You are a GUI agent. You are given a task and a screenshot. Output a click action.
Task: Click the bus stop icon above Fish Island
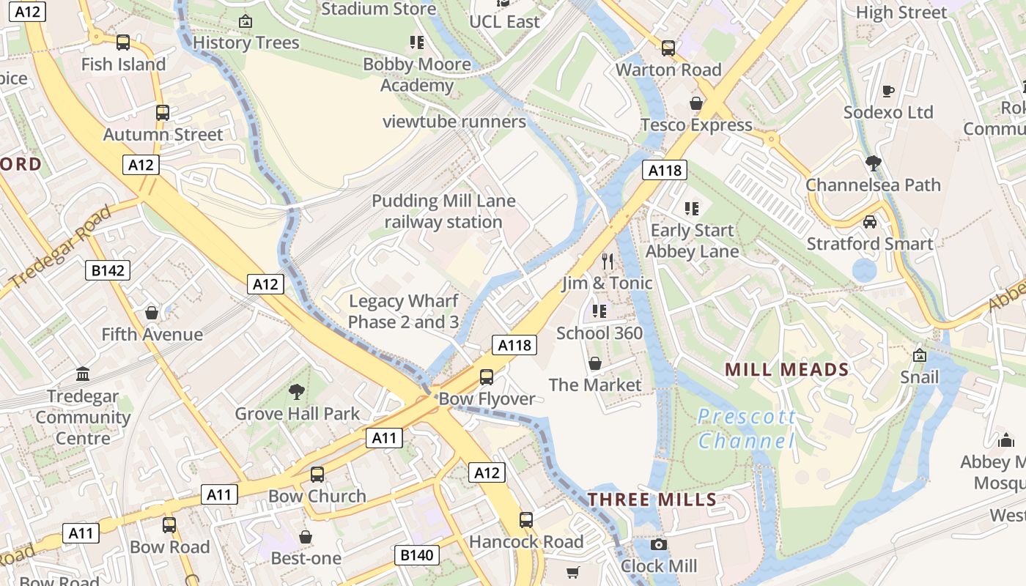click(x=123, y=42)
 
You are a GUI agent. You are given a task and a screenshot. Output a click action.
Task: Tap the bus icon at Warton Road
click(x=668, y=48)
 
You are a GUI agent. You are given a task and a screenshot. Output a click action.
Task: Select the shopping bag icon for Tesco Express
click(x=696, y=103)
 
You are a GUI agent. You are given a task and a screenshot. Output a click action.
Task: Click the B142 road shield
click(x=108, y=270)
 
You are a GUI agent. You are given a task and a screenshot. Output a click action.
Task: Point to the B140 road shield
click(x=417, y=555)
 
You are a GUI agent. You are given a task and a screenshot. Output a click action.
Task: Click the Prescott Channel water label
click(x=746, y=429)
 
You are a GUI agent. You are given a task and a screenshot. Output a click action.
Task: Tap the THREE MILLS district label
click(x=652, y=500)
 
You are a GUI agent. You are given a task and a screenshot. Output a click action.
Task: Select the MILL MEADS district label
click(x=786, y=369)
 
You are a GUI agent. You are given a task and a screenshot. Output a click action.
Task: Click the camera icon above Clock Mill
click(x=659, y=544)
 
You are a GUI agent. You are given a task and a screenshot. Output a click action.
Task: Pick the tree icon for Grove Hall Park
click(x=297, y=392)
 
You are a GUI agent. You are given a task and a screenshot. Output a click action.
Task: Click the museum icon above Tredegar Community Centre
click(x=83, y=374)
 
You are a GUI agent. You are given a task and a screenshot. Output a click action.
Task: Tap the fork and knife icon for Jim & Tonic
click(x=607, y=262)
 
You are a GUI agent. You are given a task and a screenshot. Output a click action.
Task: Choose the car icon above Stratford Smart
click(x=870, y=222)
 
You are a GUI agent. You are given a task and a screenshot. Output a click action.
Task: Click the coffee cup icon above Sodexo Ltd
click(x=888, y=91)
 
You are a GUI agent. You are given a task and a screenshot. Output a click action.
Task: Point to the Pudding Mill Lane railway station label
click(x=443, y=211)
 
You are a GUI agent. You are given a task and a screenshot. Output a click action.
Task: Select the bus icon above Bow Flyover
click(x=487, y=377)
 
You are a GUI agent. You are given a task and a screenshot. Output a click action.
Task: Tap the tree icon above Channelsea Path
click(x=873, y=163)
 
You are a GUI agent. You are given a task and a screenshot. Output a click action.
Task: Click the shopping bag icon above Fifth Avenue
click(x=152, y=313)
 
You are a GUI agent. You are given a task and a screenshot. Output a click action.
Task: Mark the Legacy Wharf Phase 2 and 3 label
click(x=403, y=311)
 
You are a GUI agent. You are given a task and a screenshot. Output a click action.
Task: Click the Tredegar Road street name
click(x=60, y=248)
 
